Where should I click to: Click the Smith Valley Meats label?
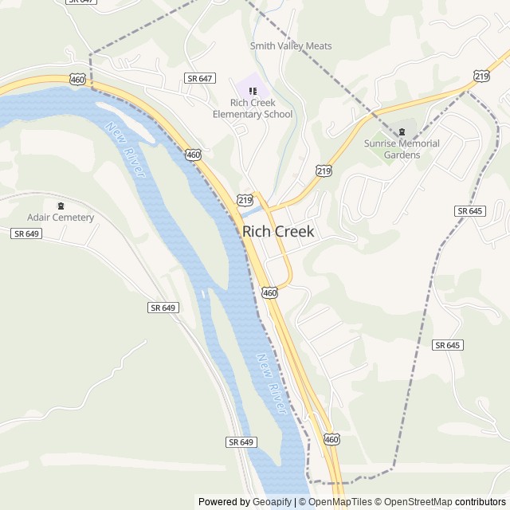291,46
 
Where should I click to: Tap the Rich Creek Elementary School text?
253,108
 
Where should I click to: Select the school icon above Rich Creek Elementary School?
253,91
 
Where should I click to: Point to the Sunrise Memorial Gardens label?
402,149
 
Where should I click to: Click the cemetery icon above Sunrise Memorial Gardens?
402,131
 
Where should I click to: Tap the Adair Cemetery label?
61,218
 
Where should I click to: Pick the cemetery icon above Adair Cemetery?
61,206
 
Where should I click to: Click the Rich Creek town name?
278,232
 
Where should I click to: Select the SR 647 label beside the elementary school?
199,78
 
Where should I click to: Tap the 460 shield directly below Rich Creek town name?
269,292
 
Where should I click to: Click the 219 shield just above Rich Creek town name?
245,198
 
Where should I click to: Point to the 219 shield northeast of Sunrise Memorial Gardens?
481,75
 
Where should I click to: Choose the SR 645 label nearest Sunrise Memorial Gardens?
470,210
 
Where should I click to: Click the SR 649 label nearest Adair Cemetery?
26,233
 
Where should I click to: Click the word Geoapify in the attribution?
272,502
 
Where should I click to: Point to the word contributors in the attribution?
481,502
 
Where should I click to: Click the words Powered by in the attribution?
223,502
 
